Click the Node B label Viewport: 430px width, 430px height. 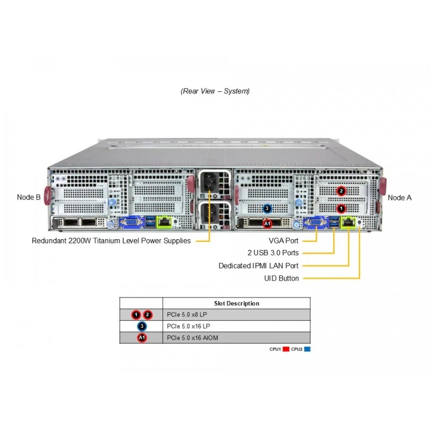point(28,197)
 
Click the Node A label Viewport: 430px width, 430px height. point(399,197)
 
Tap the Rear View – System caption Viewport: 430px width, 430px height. point(215,91)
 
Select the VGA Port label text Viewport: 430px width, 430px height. point(283,240)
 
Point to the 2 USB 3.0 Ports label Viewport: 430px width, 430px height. point(273,253)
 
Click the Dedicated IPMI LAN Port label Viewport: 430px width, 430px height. point(259,266)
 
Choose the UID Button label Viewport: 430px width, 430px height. point(281,278)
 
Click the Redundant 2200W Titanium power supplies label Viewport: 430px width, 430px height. point(111,240)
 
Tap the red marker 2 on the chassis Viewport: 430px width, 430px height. point(341,191)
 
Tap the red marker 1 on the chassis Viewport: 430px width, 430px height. point(341,209)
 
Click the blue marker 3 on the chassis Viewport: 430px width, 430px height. point(267,209)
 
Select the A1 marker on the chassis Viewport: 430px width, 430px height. point(267,224)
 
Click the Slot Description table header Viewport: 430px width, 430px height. point(236,303)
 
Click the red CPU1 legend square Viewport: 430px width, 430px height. point(286,349)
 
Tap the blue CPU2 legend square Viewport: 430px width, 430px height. point(307,349)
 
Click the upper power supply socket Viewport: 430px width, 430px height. point(209,182)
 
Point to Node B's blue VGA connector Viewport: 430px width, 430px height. point(132,221)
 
